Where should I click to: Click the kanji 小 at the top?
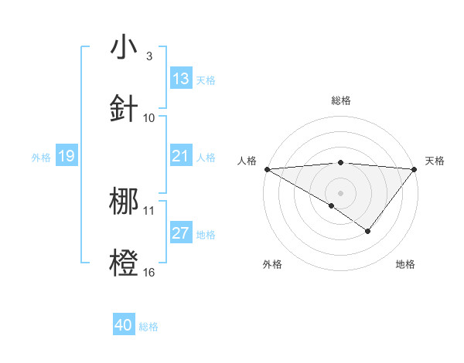(124, 47)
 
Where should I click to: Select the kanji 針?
(124, 107)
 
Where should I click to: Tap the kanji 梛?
(124, 200)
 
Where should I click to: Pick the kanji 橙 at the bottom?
(124, 262)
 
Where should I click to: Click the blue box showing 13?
(181, 79)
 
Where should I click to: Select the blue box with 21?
(181, 157)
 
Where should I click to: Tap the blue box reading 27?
(181, 234)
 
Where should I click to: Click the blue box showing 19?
(66, 157)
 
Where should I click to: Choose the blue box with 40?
(124, 326)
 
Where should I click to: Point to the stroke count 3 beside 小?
(148, 56)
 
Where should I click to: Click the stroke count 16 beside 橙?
(149, 272)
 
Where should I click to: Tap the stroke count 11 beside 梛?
(149, 210)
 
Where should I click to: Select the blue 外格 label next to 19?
(41, 158)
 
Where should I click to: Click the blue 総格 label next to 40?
(148, 327)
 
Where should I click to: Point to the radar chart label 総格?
(341, 100)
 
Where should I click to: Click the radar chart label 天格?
(435, 161)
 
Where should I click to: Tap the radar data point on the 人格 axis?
(267, 168)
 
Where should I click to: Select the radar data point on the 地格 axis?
(368, 231)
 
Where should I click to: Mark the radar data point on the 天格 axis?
(415, 168)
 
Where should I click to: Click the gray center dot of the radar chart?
(340, 192)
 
